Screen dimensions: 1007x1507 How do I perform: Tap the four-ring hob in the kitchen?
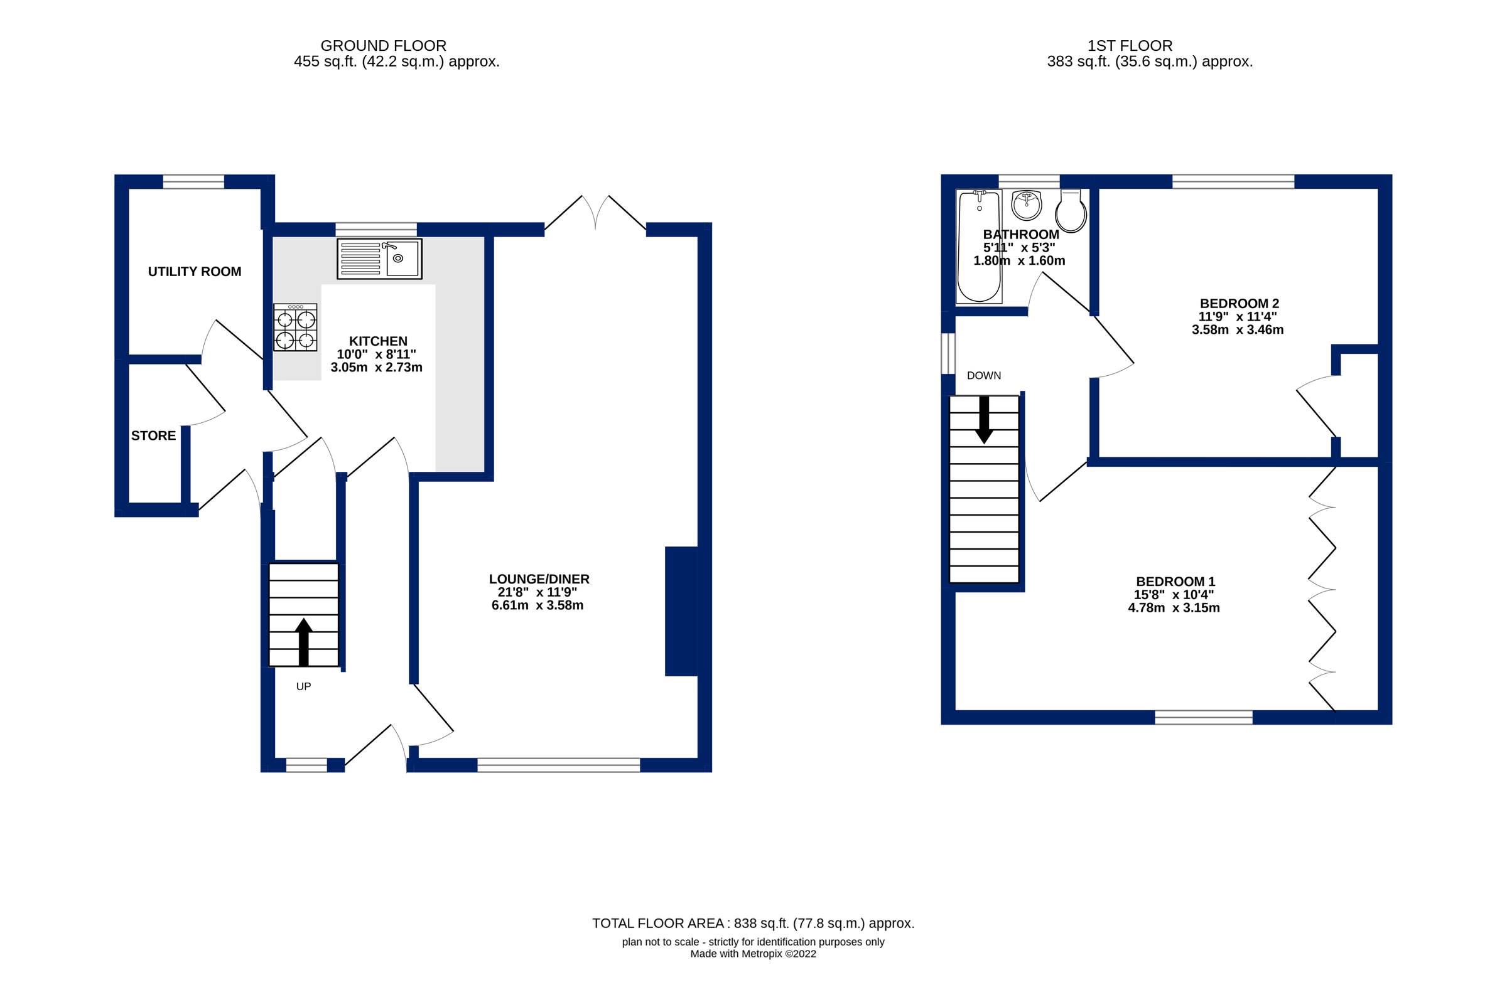point(295,328)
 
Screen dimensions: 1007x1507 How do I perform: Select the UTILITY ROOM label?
point(195,272)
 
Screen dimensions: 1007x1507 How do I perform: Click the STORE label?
point(154,435)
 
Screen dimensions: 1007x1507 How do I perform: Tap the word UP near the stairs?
point(303,686)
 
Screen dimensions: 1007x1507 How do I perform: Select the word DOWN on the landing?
point(983,376)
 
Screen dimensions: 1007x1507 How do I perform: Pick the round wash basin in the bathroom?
point(1026,205)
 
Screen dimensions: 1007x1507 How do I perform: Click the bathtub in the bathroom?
point(979,246)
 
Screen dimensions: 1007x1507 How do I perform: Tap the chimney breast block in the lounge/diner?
point(681,610)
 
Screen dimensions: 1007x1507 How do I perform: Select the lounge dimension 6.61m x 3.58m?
point(537,605)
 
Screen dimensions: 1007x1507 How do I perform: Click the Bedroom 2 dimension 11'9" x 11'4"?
point(1237,317)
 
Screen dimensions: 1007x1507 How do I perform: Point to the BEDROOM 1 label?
point(1175,582)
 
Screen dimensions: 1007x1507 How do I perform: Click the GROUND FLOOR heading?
point(383,46)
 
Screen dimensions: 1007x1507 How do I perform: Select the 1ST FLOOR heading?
point(1130,46)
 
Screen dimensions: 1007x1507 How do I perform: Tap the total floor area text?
point(752,924)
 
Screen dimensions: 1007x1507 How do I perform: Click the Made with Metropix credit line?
point(752,954)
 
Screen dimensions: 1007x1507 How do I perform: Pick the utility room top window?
point(193,182)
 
